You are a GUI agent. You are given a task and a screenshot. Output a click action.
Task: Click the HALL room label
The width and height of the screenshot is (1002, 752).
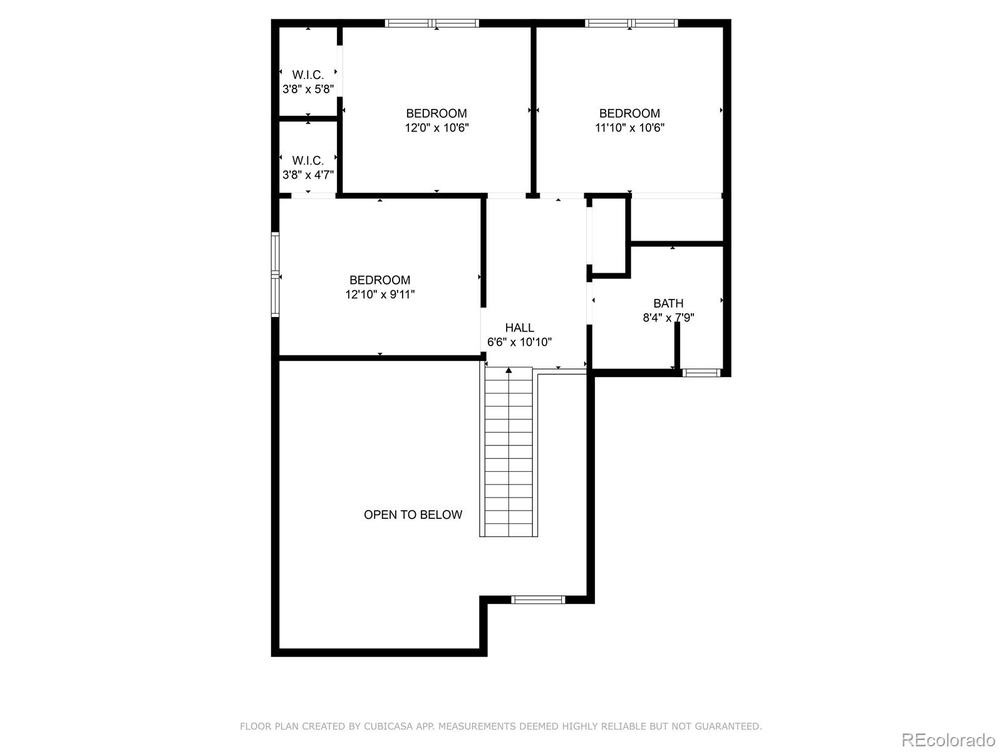pyautogui.click(x=519, y=328)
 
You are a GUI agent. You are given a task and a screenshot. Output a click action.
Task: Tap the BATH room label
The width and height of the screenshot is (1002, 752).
pyautogui.click(x=668, y=303)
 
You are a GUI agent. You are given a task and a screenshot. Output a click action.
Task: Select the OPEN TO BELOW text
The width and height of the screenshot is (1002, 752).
pyautogui.click(x=413, y=514)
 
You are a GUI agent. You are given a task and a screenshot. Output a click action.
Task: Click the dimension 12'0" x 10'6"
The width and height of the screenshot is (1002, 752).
pyautogui.click(x=436, y=128)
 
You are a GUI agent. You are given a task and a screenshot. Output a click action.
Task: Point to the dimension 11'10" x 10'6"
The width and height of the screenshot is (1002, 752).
pyautogui.click(x=629, y=128)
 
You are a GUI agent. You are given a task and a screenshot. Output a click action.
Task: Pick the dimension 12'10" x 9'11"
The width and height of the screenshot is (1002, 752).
pyautogui.click(x=380, y=295)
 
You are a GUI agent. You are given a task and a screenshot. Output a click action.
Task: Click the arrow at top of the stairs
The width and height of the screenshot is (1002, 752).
pyautogui.click(x=509, y=371)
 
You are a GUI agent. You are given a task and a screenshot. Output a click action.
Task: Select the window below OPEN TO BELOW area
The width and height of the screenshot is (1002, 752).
pyautogui.click(x=538, y=600)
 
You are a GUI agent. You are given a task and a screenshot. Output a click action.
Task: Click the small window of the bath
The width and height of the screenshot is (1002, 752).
pyautogui.click(x=701, y=373)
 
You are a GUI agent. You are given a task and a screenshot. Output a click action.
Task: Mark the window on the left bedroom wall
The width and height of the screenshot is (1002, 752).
pyautogui.click(x=275, y=274)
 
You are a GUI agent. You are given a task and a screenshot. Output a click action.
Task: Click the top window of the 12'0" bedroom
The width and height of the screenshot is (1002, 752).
pyautogui.click(x=432, y=23)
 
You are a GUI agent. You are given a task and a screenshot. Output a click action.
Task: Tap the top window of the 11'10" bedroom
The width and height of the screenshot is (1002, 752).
pyautogui.click(x=631, y=23)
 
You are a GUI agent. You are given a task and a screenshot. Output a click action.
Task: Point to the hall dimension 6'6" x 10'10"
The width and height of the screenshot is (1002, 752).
pyautogui.click(x=519, y=342)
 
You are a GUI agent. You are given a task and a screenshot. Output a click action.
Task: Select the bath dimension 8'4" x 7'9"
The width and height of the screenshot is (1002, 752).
pyautogui.click(x=668, y=318)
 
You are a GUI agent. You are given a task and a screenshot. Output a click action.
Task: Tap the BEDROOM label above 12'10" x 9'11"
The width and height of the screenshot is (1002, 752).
pyautogui.click(x=380, y=280)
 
